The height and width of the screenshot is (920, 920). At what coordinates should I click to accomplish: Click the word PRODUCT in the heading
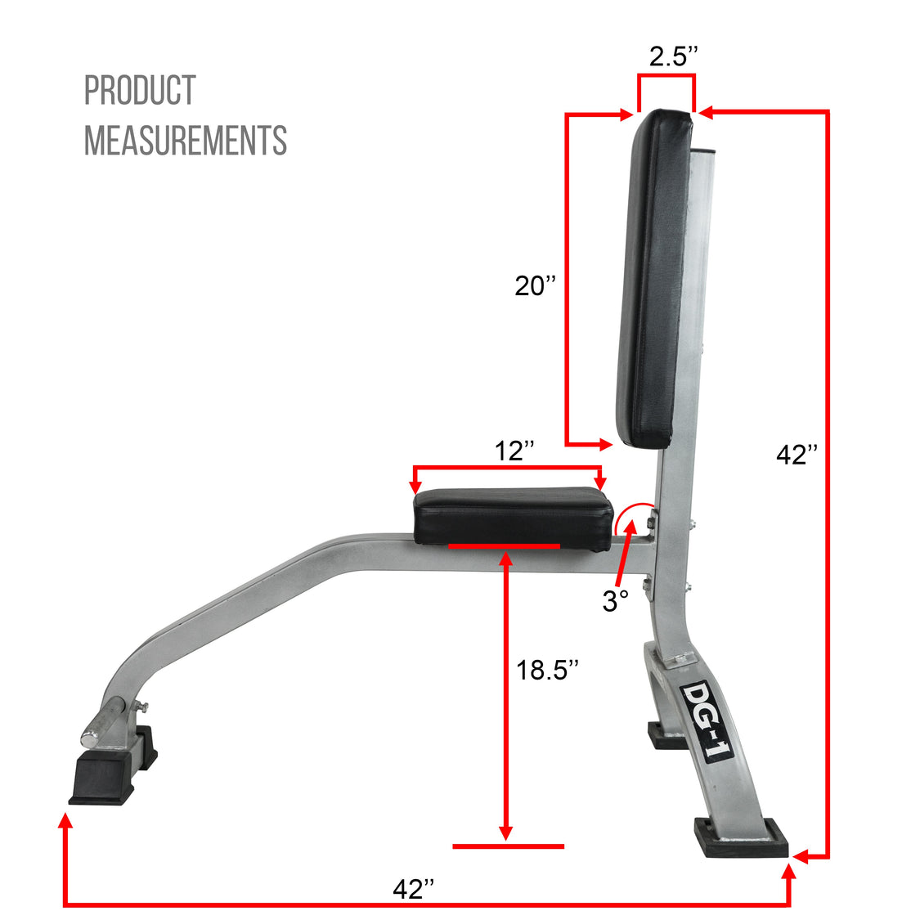pyautogui.click(x=140, y=91)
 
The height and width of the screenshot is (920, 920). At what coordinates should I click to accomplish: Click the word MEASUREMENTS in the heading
pyautogui.click(x=186, y=141)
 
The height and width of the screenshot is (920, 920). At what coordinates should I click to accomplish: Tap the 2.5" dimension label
pyautogui.click(x=674, y=56)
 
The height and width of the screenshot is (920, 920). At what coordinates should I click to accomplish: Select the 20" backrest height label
pyautogui.click(x=535, y=286)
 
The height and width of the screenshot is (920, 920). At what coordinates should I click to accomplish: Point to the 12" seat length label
pyautogui.click(x=514, y=451)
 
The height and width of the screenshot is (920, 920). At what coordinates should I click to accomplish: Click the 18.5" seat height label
pyautogui.click(x=547, y=670)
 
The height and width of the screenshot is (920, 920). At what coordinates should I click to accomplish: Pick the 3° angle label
pyautogui.click(x=615, y=601)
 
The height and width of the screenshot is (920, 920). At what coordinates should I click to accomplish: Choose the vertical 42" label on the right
pyautogui.click(x=797, y=455)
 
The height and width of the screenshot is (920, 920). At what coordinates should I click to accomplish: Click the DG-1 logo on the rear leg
pyautogui.click(x=707, y=720)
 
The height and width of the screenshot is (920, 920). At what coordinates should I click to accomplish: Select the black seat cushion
pyautogui.click(x=514, y=515)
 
